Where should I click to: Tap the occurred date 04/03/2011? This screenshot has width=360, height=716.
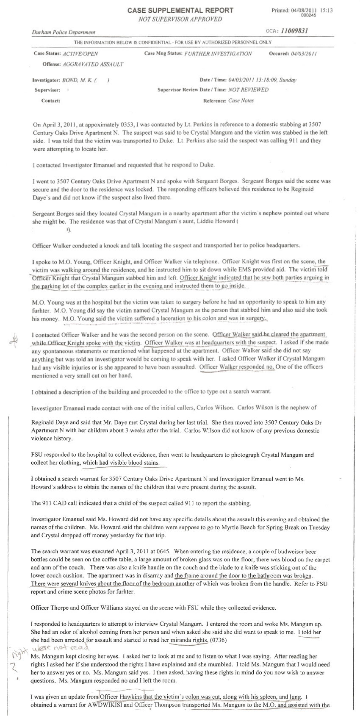coord(302,54)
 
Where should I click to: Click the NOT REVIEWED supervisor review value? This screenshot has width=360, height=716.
coord(248,90)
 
